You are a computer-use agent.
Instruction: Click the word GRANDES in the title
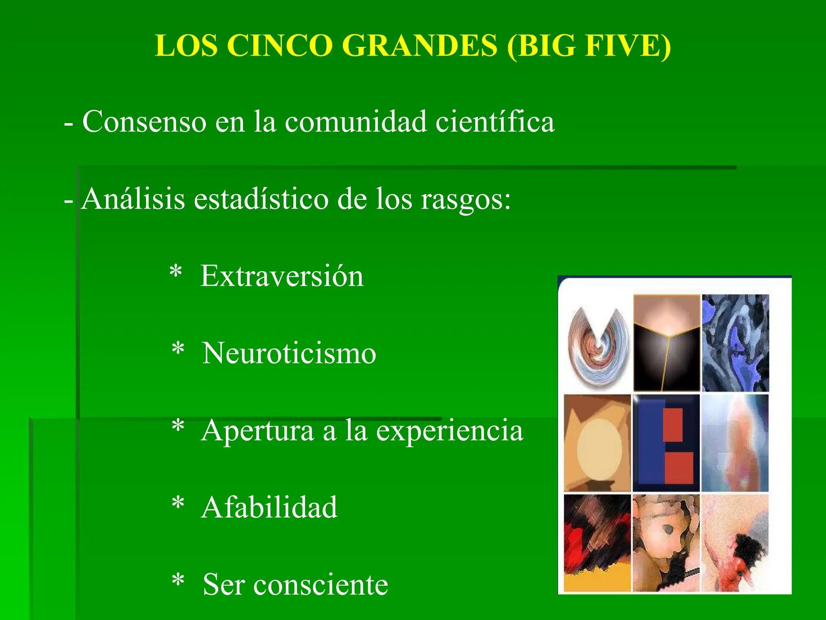[x=419, y=45]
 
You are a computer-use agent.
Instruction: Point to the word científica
[x=495, y=121]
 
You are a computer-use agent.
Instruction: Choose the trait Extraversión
[x=282, y=276]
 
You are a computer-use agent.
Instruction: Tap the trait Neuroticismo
[x=289, y=353]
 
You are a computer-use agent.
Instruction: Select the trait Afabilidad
[x=269, y=507]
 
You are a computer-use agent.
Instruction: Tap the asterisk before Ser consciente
[x=178, y=581]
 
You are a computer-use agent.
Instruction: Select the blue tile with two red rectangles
[x=666, y=443]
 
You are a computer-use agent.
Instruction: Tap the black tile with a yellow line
[x=666, y=343]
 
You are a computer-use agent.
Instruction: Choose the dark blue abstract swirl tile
[x=735, y=343]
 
